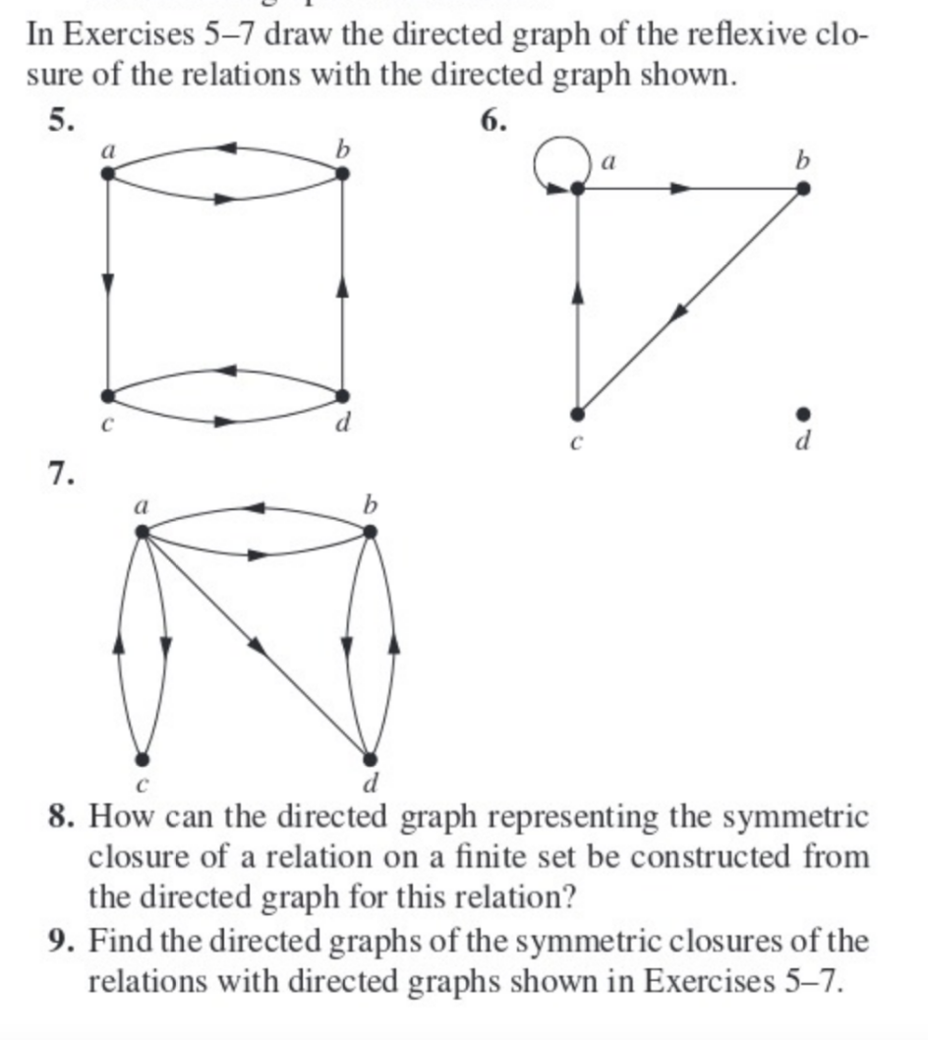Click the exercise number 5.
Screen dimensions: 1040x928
(61, 120)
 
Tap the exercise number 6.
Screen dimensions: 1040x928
(493, 120)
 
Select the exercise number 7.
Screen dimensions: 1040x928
(61, 474)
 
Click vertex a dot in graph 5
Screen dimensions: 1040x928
(107, 173)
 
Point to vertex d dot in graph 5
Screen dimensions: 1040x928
(341, 395)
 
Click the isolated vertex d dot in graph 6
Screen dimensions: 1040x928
(803, 413)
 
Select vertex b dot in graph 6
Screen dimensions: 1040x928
(803, 188)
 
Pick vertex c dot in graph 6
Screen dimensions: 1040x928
(578, 413)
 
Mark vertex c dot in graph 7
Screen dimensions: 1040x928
(143, 759)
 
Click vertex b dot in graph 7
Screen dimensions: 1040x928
(370, 532)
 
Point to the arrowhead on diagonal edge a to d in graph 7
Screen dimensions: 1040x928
(257, 645)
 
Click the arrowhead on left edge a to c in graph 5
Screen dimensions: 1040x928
(107, 282)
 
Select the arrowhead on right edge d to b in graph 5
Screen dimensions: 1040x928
(341, 285)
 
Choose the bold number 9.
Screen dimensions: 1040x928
(61, 941)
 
